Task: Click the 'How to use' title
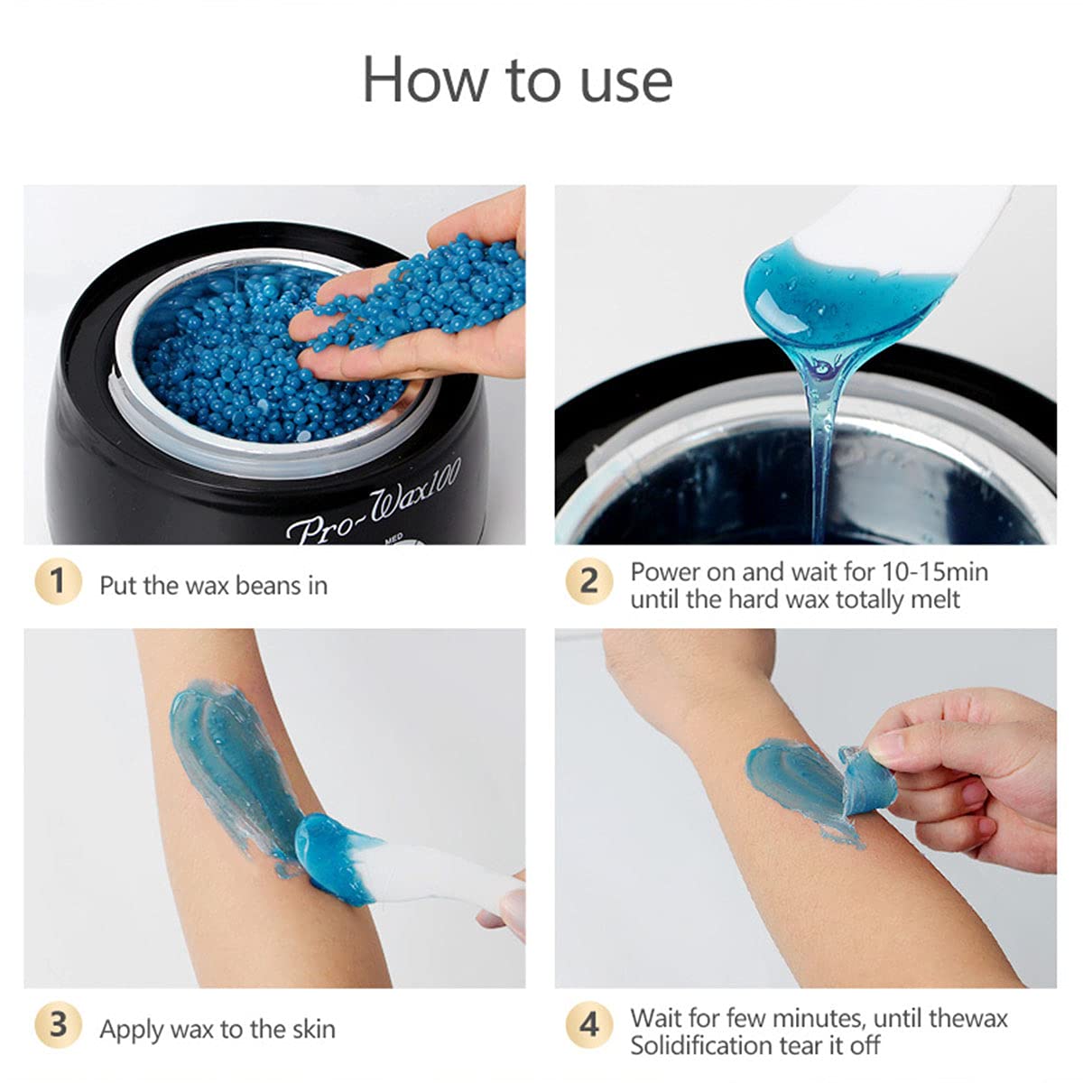pyautogui.click(x=517, y=79)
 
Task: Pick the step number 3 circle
pyautogui.click(x=57, y=1026)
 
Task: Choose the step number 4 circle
pyautogui.click(x=588, y=1026)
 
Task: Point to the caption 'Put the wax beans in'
pyautogui.click(x=213, y=586)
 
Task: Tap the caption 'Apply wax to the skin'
pyautogui.click(x=218, y=1030)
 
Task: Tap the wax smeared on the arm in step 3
pyautogui.click(x=226, y=758)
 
